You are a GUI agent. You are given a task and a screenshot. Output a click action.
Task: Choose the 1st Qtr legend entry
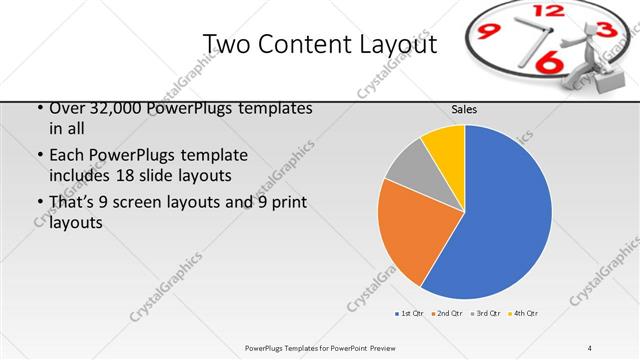pyautogui.click(x=409, y=313)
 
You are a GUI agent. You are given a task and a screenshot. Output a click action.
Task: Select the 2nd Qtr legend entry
pyautogui.click(x=446, y=313)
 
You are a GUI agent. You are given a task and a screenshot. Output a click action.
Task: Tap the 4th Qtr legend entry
pyautogui.click(x=523, y=313)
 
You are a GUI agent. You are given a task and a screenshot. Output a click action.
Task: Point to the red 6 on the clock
pyautogui.click(x=549, y=62)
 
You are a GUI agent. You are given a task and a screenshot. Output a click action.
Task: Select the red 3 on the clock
pyautogui.click(x=605, y=31)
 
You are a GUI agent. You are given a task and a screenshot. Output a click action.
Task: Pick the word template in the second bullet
pyautogui.click(x=211, y=156)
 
